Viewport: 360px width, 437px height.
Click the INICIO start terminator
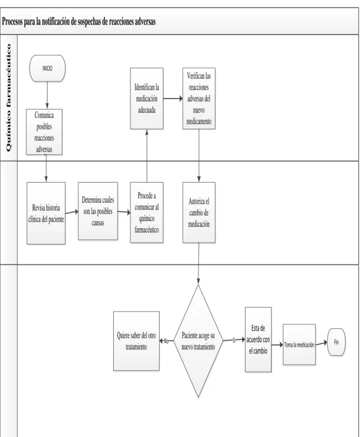click(x=47, y=68)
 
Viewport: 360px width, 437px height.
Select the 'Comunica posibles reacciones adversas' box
click(x=44, y=132)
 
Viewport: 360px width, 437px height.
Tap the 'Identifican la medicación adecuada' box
click(x=146, y=99)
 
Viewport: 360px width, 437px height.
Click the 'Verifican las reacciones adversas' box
click(x=198, y=99)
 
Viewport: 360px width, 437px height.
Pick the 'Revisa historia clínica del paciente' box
click(x=46, y=213)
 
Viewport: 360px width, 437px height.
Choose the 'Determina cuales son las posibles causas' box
click(x=98, y=211)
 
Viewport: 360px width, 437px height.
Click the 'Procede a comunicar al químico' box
click(x=146, y=212)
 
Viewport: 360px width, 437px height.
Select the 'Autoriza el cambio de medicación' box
click(x=198, y=212)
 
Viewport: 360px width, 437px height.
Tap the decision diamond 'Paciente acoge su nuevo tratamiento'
click(x=198, y=341)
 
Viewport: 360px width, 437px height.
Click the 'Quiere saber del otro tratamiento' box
click(x=137, y=341)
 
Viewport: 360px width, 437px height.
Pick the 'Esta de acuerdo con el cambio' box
click(x=258, y=340)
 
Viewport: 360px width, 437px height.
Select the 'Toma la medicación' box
click(x=299, y=344)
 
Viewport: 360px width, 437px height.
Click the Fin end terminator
click(x=336, y=342)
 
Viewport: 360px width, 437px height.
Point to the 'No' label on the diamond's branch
click(x=166, y=341)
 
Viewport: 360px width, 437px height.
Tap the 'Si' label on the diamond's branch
click(x=234, y=340)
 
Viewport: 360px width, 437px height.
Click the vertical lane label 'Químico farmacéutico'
click(x=9, y=97)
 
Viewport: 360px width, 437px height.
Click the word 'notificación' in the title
click(x=56, y=22)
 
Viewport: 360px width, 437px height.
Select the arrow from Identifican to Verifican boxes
click(x=173, y=99)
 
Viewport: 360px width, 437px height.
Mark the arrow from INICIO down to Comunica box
click(x=47, y=95)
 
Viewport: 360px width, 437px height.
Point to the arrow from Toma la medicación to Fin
click(x=321, y=343)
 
